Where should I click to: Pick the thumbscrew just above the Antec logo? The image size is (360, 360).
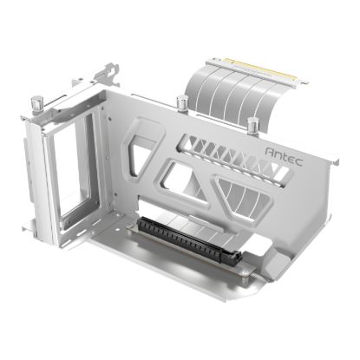[252, 125]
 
